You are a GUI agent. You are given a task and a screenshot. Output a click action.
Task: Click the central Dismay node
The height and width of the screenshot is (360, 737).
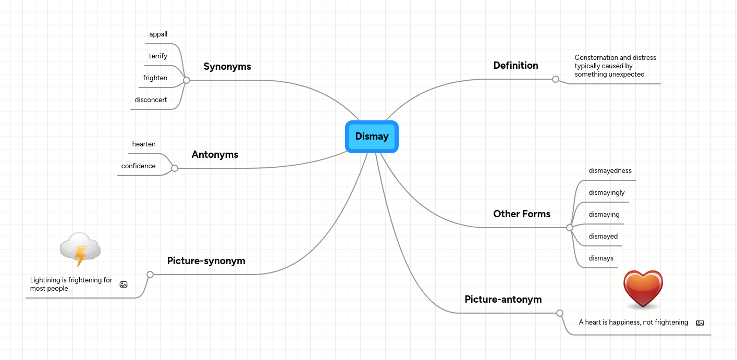372,136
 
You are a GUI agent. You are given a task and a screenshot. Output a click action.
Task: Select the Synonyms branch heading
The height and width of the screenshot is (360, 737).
227,67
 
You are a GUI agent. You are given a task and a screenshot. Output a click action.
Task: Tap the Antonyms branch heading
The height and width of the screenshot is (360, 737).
215,155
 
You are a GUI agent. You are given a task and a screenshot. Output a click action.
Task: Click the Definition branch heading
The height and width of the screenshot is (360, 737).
515,66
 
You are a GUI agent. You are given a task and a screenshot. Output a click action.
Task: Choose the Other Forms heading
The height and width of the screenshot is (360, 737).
522,214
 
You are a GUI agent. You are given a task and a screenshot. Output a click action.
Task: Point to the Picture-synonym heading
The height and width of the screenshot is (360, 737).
206,261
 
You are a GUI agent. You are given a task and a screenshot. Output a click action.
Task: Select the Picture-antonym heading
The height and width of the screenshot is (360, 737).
503,300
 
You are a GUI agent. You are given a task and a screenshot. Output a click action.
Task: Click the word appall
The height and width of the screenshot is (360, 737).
158,34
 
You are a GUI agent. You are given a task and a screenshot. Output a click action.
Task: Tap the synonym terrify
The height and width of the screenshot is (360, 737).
158,56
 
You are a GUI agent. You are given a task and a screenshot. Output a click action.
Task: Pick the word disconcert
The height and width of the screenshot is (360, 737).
151,100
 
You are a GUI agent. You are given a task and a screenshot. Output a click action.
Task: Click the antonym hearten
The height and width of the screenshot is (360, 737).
144,144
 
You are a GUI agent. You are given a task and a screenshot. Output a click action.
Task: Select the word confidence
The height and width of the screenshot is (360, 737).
138,166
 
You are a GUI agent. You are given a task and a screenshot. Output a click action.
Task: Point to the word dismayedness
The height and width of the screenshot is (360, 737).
610,171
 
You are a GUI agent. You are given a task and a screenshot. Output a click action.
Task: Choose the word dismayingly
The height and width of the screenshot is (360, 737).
607,193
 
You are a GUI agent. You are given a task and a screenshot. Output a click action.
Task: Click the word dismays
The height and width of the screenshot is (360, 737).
601,258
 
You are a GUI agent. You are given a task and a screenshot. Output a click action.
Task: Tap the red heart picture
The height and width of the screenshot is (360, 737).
643,289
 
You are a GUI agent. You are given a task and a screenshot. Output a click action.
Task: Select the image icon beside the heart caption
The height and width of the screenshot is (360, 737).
700,323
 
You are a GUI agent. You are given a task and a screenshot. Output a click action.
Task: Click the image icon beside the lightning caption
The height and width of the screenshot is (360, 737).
124,284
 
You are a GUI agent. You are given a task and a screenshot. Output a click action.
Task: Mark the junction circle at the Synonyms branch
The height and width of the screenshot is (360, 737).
187,80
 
